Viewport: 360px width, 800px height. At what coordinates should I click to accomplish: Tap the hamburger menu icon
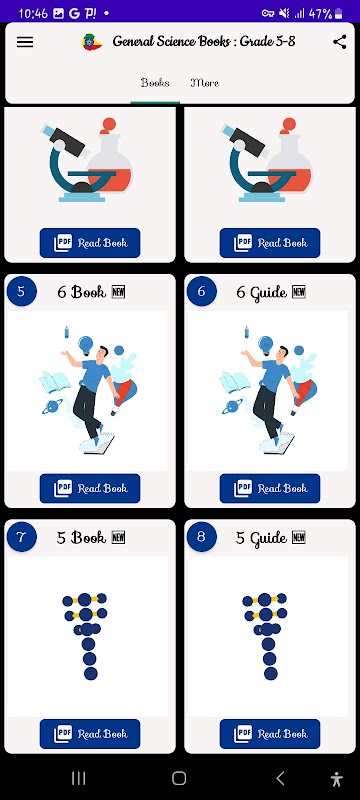pos(25,42)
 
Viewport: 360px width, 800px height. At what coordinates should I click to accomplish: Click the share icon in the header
pos(340,42)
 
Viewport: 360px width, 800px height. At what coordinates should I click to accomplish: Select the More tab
pos(204,83)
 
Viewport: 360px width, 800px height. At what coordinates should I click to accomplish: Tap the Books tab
pos(155,83)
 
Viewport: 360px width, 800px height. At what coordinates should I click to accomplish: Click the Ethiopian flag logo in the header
pos(92,42)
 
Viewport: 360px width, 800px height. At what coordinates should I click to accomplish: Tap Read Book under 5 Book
pos(90,734)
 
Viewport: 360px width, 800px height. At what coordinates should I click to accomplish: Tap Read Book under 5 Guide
pos(270,734)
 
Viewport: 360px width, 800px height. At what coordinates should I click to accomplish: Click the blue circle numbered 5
pos(21,291)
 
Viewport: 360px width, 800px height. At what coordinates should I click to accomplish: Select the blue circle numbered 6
pos(201,291)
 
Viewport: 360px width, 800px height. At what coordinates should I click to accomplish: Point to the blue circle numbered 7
pos(21,537)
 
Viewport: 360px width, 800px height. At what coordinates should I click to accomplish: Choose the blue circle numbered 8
pos(201,537)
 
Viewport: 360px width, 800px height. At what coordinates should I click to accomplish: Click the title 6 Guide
pos(262,292)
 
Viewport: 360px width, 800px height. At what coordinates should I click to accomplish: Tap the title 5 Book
pos(82,537)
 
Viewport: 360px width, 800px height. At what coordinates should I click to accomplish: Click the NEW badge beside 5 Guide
pos(299,537)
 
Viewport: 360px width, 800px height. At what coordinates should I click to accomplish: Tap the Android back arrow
pos(280,778)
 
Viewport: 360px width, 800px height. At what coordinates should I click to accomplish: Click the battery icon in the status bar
pos(339,14)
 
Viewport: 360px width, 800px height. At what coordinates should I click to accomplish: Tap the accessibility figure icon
pos(337,779)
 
